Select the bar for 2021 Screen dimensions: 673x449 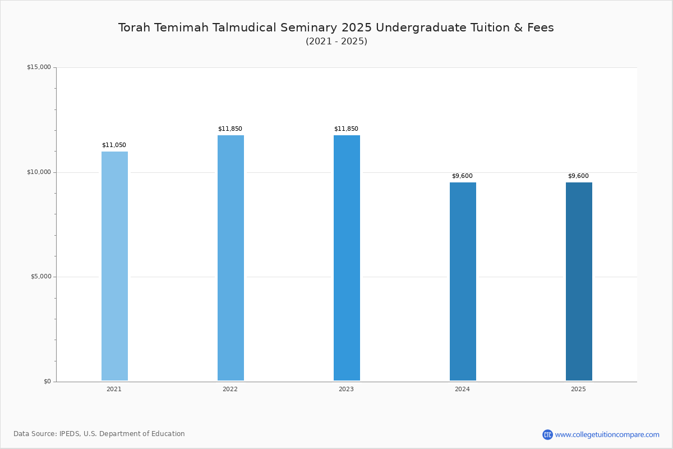[x=114, y=266]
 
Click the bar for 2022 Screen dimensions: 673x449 [x=231, y=258]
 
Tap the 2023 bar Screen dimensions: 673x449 [x=347, y=258]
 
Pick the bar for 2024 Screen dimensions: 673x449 [x=463, y=281]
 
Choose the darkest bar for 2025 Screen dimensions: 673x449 [x=579, y=281]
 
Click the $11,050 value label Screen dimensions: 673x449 [x=114, y=145]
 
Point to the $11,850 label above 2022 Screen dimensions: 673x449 [x=230, y=129]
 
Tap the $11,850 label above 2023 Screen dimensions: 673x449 [x=346, y=129]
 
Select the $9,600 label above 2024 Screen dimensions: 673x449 [x=462, y=176]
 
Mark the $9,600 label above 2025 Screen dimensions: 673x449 [x=578, y=176]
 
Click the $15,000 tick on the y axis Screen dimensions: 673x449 [x=39, y=67]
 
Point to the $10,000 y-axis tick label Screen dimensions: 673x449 [x=39, y=172]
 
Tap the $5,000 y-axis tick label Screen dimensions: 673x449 [x=41, y=276]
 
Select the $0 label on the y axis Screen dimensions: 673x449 [x=48, y=381]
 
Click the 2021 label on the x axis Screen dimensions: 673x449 [x=114, y=389]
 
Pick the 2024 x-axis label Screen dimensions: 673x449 [x=462, y=389]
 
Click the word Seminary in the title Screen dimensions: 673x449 [x=308, y=28]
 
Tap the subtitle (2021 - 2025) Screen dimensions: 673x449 [x=336, y=41]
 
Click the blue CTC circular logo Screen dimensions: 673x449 [x=547, y=434]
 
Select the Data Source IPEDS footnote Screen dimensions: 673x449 [x=99, y=434]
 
